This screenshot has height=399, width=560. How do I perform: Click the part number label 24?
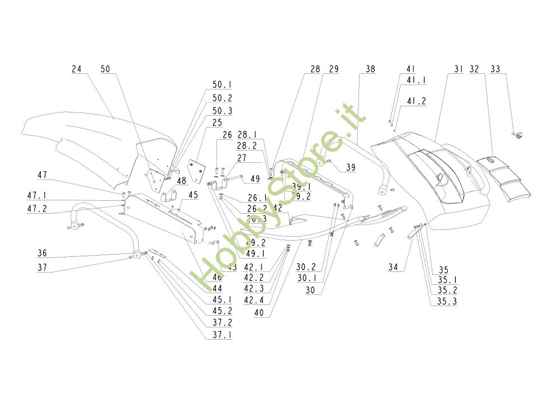(77, 69)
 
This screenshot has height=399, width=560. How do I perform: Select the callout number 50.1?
(222, 85)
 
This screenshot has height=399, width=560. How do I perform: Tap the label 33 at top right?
(495, 69)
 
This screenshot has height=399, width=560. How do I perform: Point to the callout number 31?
(459, 69)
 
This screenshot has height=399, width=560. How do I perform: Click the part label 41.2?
(416, 102)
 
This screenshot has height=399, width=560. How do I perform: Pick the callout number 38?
(370, 69)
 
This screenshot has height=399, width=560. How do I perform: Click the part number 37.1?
(222, 335)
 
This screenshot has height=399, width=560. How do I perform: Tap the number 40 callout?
(259, 313)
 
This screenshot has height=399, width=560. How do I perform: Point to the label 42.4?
(253, 300)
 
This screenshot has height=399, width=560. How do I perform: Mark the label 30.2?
(306, 267)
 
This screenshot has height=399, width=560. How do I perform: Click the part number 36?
(43, 252)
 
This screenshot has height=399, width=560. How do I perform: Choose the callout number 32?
(474, 69)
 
